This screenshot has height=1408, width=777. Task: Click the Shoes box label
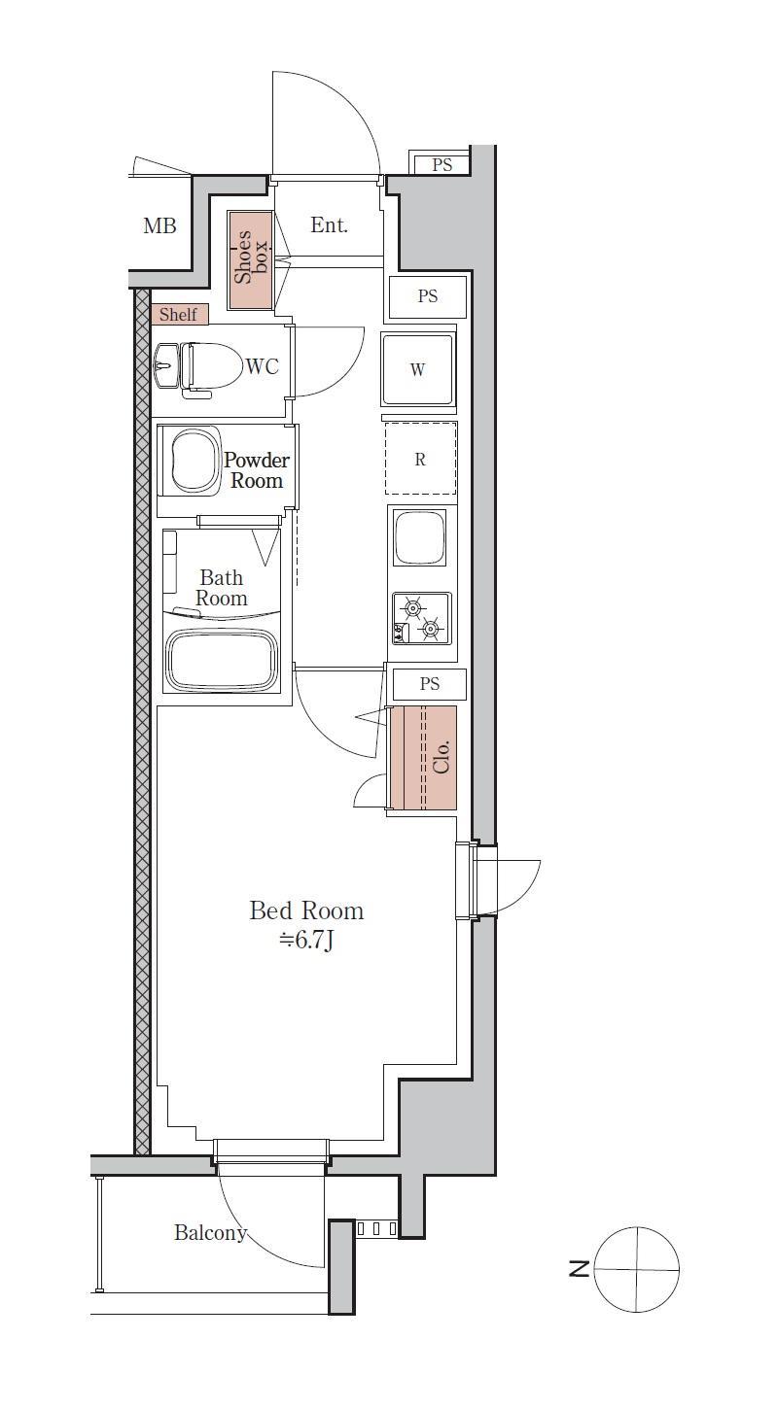[250, 258]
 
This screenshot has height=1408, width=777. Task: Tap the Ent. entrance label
[329, 225]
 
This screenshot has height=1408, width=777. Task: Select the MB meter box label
[159, 225]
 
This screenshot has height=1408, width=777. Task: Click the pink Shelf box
[179, 314]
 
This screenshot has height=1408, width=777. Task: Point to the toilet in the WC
[211, 370]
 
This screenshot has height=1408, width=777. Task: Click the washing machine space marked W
[418, 369]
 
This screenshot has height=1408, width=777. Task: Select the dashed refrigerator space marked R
[420, 459]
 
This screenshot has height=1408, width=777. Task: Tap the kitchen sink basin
[420, 536]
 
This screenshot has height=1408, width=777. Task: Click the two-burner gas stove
[421, 618]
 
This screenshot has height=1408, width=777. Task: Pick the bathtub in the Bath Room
[222, 662]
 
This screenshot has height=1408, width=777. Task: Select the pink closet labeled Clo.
[421, 757]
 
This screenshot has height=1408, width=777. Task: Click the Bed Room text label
[306, 910]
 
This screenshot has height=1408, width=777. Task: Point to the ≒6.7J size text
[306, 941]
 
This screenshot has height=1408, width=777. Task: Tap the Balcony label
[210, 1233]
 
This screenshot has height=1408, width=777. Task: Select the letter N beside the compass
[579, 1269]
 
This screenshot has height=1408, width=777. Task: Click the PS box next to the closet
[430, 684]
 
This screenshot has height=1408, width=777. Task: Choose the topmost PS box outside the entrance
[441, 164]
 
